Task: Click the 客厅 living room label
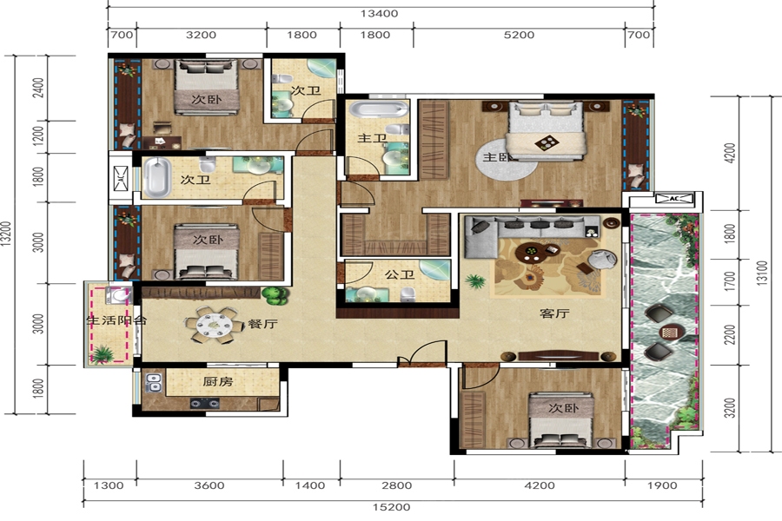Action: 554,313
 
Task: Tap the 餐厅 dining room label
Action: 262,324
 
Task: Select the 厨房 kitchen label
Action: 218,382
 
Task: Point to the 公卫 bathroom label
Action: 400,274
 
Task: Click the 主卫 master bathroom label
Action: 372,138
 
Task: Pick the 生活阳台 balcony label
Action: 116,320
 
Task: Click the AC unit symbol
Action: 674,199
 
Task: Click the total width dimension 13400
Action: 380,14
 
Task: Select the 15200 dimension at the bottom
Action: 392,507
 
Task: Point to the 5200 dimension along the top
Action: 520,35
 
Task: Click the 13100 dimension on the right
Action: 763,273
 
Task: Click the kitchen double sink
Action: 153,383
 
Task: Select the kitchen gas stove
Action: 204,403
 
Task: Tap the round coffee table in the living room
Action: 531,252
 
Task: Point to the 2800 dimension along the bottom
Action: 397,485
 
